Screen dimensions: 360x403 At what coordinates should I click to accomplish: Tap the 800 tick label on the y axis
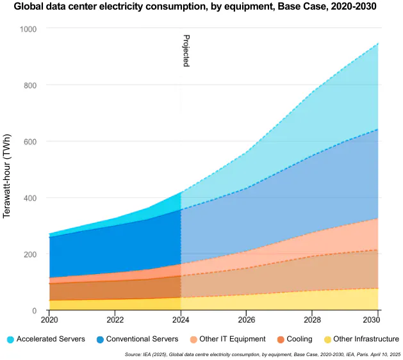[x=31, y=86]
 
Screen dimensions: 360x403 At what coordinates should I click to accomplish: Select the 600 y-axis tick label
[x=31, y=142]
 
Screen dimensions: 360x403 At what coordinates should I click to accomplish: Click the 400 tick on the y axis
[x=31, y=199]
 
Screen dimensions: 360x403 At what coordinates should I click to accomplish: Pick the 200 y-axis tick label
[x=31, y=255]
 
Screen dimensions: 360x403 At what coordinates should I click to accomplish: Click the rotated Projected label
[x=186, y=51]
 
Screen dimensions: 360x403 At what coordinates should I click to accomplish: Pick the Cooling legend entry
[x=295, y=339]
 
